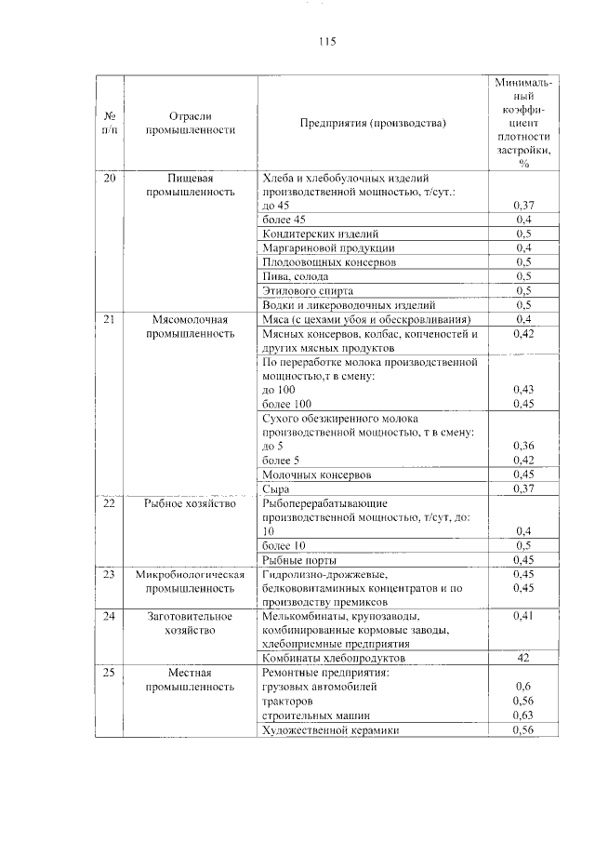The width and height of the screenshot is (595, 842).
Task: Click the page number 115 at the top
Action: tap(325, 42)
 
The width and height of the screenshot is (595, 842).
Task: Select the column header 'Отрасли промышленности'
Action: tap(190, 123)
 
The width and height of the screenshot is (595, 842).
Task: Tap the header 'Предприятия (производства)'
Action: tap(373, 123)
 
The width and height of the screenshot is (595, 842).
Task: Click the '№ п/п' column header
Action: tap(110, 123)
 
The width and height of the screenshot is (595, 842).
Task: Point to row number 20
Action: tap(110, 178)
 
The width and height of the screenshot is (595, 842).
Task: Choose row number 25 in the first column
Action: tap(110, 673)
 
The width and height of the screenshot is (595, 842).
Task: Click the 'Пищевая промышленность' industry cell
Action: tap(190, 184)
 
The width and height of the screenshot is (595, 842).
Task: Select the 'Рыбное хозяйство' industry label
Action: tap(190, 503)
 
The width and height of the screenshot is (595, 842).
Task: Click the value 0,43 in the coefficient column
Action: tap(523, 389)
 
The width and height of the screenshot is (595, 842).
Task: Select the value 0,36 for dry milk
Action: tap(523, 446)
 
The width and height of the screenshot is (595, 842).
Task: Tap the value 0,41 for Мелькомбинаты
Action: tap(523, 616)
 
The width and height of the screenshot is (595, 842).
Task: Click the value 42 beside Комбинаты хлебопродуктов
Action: tap(523, 658)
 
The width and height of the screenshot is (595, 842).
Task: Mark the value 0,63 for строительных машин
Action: tap(523, 715)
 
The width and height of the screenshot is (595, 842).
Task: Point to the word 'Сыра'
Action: tap(276, 488)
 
